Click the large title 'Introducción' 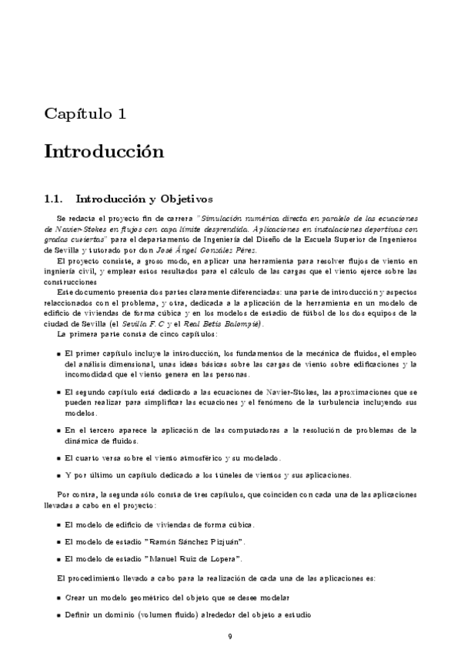tap(104, 150)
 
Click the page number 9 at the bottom tap(230, 636)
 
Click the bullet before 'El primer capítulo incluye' tap(59, 353)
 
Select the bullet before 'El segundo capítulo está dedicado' tap(59, 393)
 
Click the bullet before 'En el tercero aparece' tap(59, 430)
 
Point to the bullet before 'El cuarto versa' tap(59, 458)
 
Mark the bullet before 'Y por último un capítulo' tap(59, 474)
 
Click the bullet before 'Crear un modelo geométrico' tap(59, 598)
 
